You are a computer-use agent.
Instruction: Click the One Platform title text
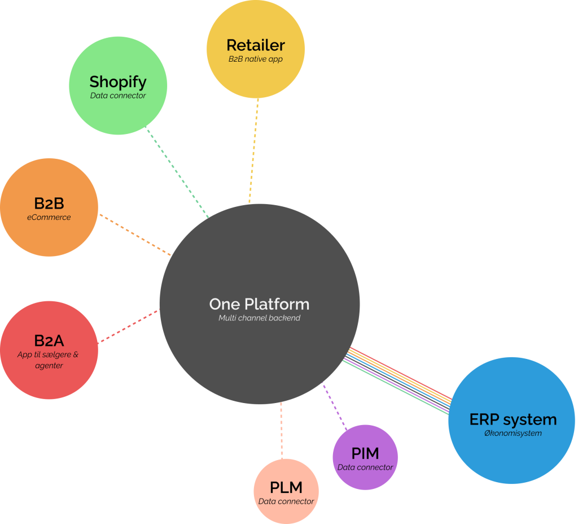259,304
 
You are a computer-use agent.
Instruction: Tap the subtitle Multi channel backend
259,318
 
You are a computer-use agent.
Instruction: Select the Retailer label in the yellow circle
256,45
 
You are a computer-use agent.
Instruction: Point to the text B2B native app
255,59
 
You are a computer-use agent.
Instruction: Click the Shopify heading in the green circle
118,82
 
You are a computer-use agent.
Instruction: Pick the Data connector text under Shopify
118,96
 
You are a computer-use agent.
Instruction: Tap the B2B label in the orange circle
49,203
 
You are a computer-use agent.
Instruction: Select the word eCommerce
49,217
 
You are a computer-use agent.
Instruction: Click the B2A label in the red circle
49,341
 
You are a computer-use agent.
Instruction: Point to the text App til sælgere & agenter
49,360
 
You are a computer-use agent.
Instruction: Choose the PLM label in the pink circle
286,487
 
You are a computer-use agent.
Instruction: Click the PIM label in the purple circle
365,453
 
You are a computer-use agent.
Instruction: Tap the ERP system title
513,420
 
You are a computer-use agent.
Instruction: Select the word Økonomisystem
513,434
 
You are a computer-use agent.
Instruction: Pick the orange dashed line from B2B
135,235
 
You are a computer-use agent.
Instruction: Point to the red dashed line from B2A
129,326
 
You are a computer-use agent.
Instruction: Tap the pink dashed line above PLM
281,430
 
